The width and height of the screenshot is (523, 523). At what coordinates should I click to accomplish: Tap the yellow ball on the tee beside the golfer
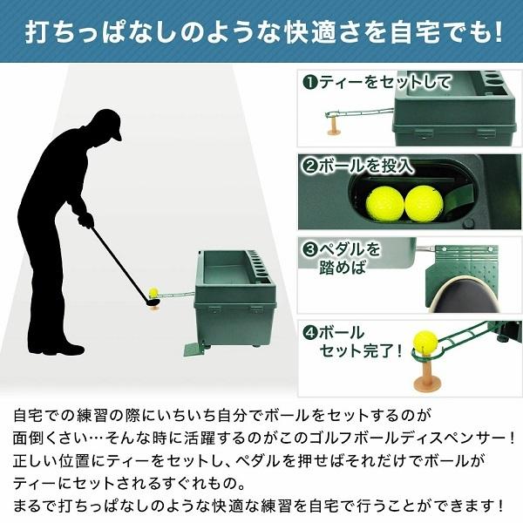pyautogui.click(x=154, y=294)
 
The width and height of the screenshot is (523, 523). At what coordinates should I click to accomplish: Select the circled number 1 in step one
pyautogui.click(x=309, y=84)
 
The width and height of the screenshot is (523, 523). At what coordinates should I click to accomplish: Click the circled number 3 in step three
pyautogui.click(x=309, y=248)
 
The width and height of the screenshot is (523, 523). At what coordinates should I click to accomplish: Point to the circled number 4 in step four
pyautogui.click(x=309, y=332)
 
